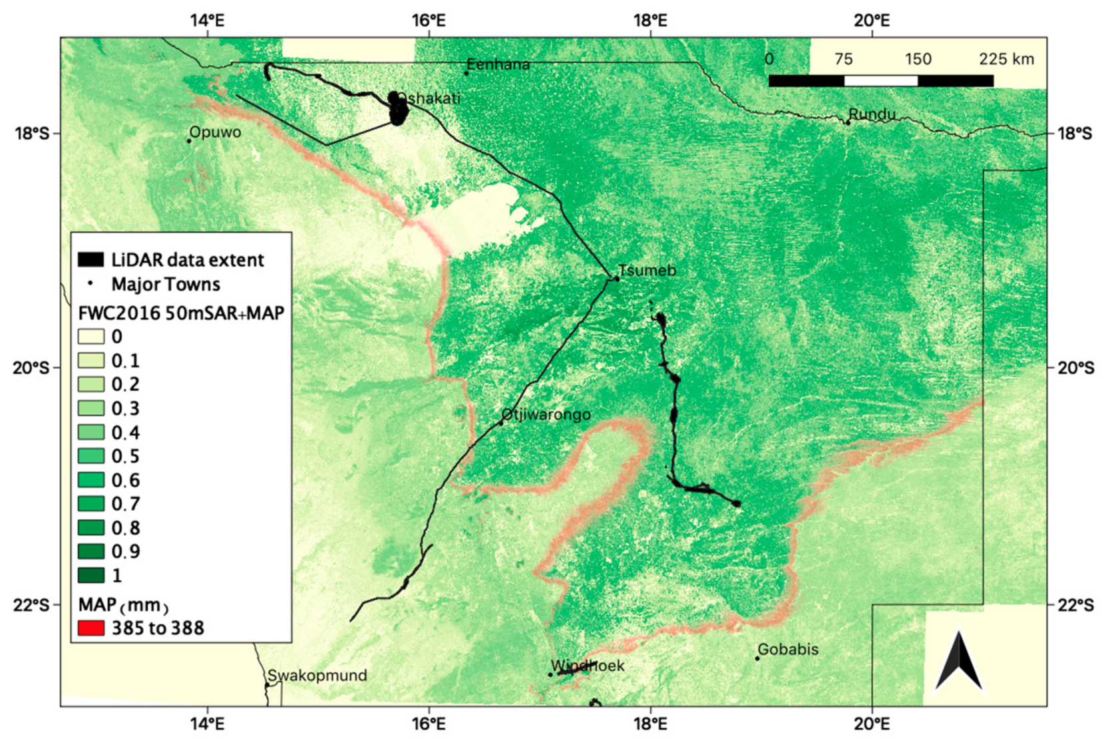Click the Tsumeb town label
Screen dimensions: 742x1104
(647, 271)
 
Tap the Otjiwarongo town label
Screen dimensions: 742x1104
(546, 414)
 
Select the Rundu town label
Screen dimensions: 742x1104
(872, 114)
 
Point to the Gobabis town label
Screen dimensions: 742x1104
(788, 649)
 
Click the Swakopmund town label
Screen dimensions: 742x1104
(317, 676)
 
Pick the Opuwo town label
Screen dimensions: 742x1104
(215, 132)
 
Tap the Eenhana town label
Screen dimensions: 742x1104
(498, 64)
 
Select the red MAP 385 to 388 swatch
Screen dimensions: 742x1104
(91, 628)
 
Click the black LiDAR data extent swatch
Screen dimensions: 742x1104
(91, 259)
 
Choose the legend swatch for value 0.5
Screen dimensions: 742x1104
(91, 456)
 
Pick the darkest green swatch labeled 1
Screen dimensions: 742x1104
(91, 575)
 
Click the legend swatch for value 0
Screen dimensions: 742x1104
(91, 336)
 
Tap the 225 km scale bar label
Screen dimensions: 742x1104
(1006, 59)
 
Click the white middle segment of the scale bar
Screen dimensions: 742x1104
(880, 81)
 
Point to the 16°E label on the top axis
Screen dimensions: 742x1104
(429, 20)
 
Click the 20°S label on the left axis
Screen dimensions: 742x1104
(31, 368)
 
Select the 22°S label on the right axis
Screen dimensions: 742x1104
(1075, 604)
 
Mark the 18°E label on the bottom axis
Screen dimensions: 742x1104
(650, 723)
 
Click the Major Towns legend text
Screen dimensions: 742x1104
(166, 285)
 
